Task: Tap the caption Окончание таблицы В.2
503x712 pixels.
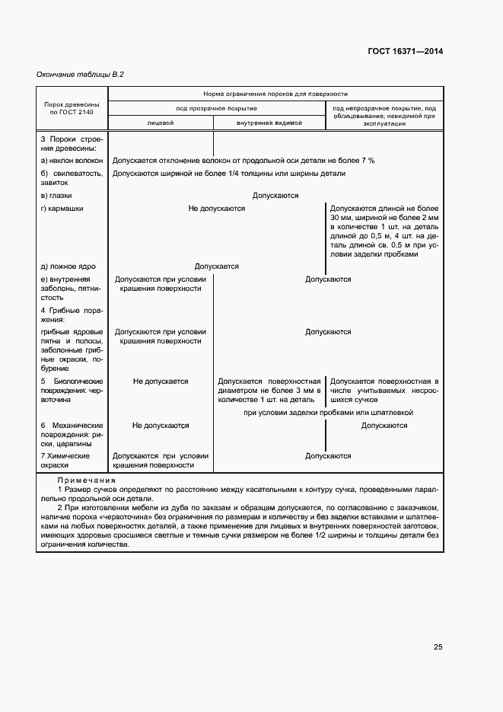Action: click(80, 75)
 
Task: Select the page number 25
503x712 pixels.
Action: click(438, 647)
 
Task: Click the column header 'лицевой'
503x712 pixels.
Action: click(161, 122)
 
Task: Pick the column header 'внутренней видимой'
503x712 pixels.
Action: click(269, 122)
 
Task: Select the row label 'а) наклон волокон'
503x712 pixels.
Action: click(72, 161)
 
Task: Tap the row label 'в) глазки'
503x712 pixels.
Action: click(57, 196)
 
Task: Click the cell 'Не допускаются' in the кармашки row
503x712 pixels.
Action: click(217, 209)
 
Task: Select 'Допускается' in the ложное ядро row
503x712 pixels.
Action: click(217, 267)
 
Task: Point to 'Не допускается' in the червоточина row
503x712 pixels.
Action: click(161, 382)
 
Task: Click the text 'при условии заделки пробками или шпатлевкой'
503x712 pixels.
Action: click(328, 412)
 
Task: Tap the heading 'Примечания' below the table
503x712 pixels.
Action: click(86, 481)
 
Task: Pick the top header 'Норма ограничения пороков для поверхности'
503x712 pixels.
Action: click(275, 93)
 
